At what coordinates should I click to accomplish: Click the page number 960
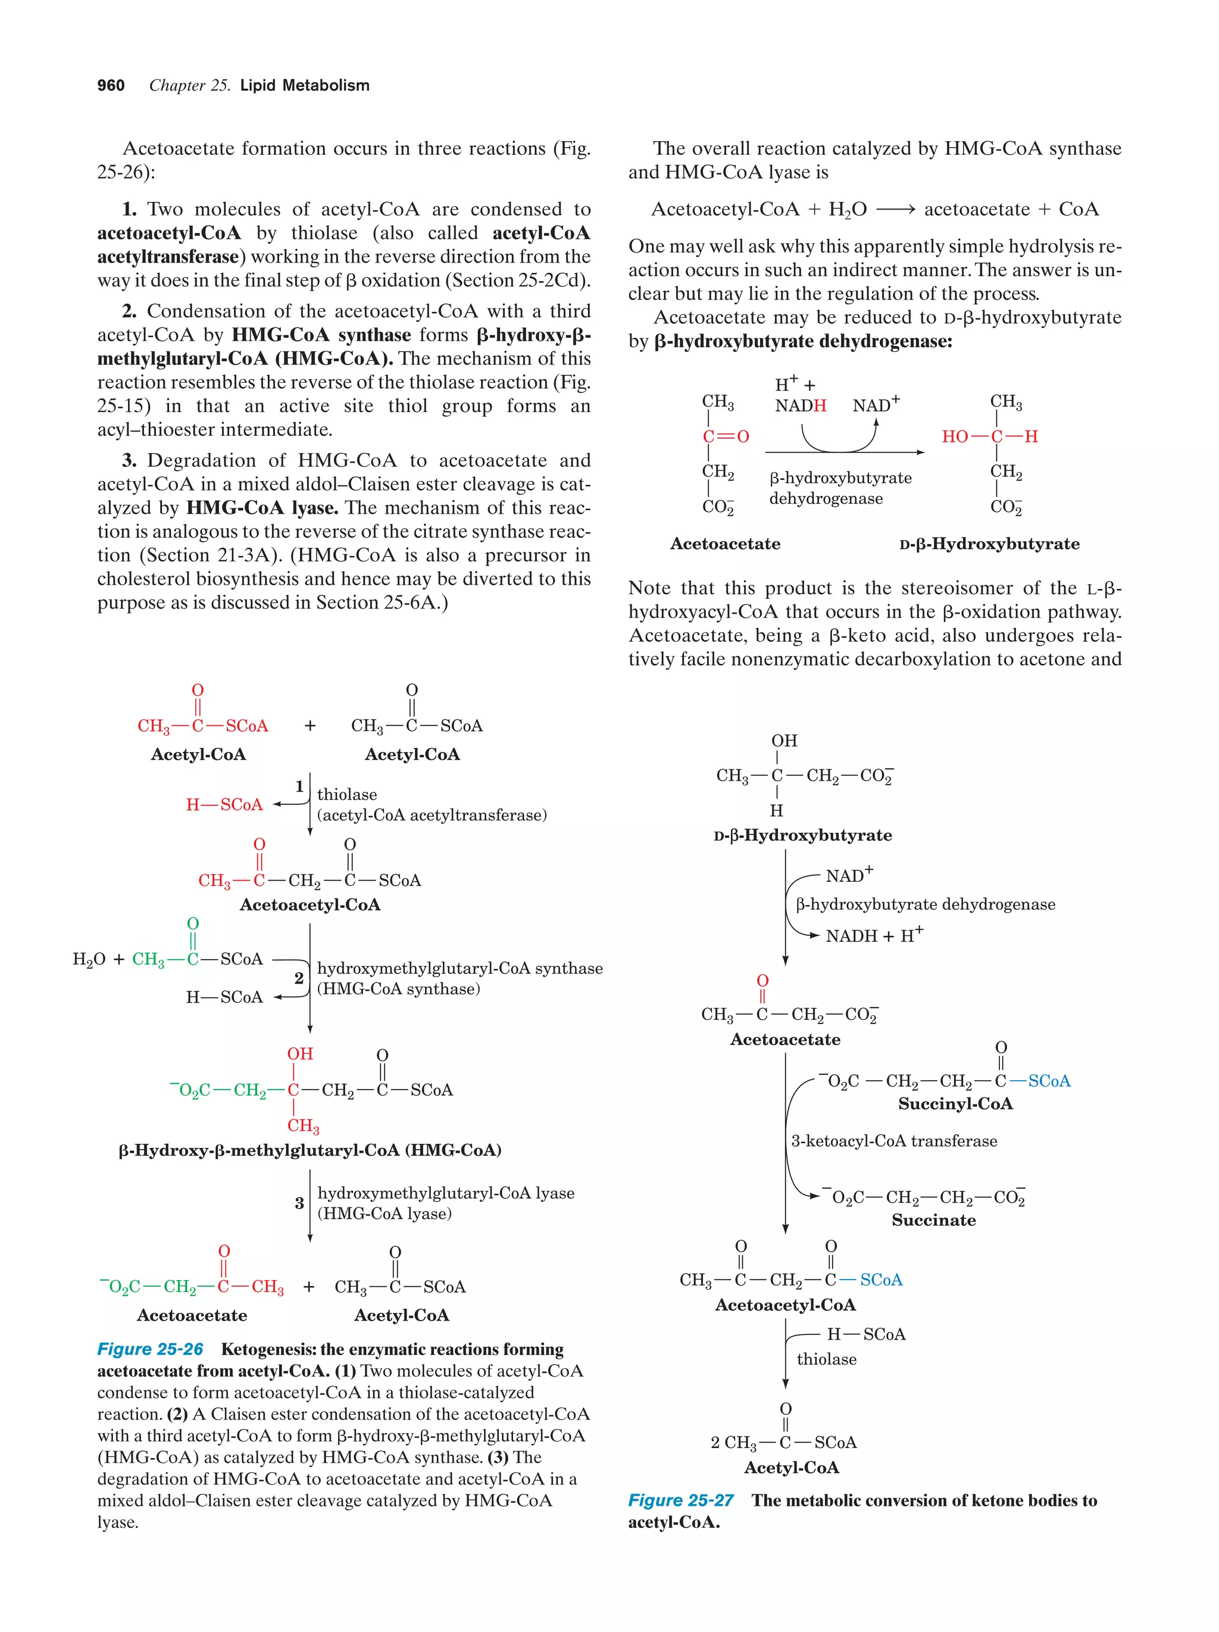click(111, 86)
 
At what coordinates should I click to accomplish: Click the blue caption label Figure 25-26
click(150, 1349)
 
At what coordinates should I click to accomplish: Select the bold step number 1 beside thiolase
click(299, 787)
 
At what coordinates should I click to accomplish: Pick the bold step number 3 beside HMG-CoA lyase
click(299, 1203)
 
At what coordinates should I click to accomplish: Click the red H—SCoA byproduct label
click(224, 804)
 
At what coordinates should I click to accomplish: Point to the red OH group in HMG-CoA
click(300, 1054)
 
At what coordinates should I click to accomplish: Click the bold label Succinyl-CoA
click(955, 1104)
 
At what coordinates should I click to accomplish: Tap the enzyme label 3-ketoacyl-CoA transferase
click(894, 1141)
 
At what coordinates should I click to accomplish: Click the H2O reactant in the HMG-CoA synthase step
click(89, 959)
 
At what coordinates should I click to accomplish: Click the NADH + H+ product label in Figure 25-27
click(874, 935)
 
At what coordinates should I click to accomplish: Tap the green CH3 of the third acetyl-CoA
click(148, 959)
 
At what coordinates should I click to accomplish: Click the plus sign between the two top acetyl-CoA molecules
click(310, 726)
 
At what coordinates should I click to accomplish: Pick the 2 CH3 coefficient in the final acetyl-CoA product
click(734, 1443)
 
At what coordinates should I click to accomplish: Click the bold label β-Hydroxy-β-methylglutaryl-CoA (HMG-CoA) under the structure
click(310, 1150)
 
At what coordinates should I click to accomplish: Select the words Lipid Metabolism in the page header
click(305, 86)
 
